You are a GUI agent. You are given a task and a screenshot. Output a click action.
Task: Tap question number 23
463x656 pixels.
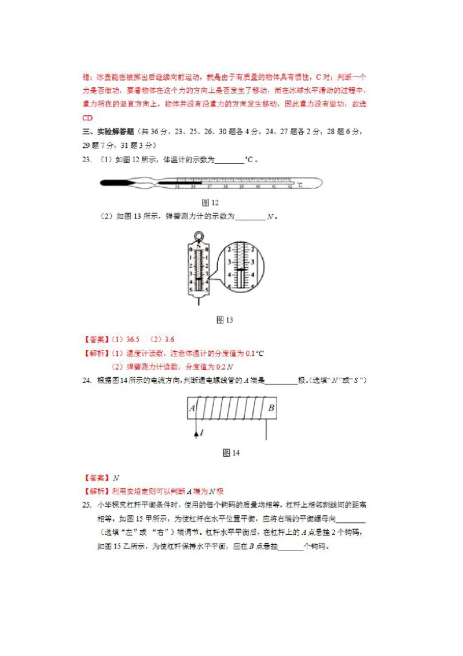(x=87, y=160)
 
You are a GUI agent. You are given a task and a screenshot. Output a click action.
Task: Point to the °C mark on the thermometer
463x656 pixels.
(x=300, y=185)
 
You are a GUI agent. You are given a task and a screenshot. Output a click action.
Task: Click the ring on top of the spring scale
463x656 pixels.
(x=198, y=236)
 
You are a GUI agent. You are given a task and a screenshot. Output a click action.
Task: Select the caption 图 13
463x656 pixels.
(x=224, y=320)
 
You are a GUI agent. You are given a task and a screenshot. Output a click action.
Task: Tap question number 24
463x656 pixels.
(x=87, y=381)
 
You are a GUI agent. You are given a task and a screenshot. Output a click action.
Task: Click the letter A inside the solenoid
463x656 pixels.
(x=192, y=409)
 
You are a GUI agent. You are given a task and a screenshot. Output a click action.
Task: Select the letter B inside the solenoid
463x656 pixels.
(x=270, y=409)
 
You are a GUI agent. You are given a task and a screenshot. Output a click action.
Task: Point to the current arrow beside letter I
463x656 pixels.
(x=195, y=432)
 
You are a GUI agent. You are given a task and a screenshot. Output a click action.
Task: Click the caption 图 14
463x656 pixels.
(x=231, y=453)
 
